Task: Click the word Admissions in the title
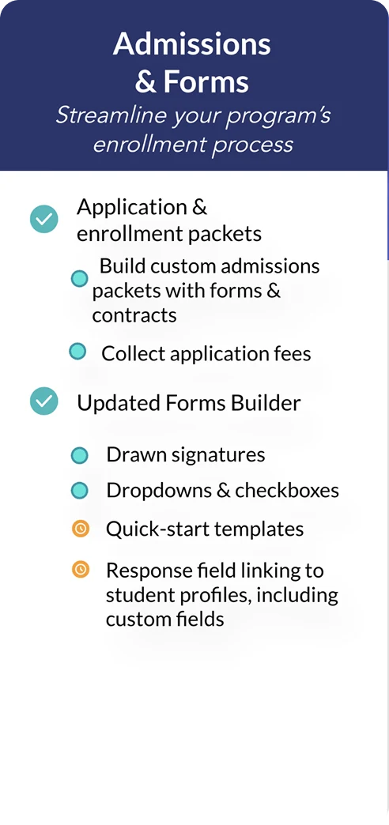point(191,44)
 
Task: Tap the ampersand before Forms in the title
point(145,82)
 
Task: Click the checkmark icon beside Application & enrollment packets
point(44,219)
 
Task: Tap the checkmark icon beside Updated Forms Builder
point(44,401)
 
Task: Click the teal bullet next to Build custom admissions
point(80,278)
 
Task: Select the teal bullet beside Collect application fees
point(78,352)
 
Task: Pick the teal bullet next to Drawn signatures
point(80,455)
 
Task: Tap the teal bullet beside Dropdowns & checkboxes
point(80,491)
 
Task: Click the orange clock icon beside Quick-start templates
point(81,529)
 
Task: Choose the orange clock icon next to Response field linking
point(81,569)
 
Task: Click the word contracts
point(134,315)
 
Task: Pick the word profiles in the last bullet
point(210,595)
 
